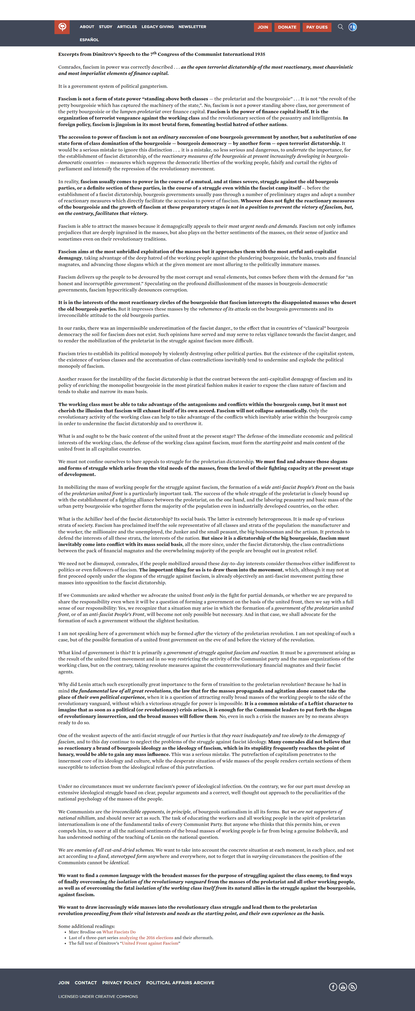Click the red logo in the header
62,27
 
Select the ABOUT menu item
87,27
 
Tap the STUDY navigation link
106,27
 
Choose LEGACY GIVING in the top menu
158,27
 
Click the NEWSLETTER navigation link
192,27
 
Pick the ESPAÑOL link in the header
89,40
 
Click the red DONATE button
287,27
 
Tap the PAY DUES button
317,27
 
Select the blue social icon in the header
353,27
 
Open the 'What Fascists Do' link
119,932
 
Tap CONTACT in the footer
85,983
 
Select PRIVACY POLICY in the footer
121,983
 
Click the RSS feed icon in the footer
353,987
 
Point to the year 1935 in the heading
259,54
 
